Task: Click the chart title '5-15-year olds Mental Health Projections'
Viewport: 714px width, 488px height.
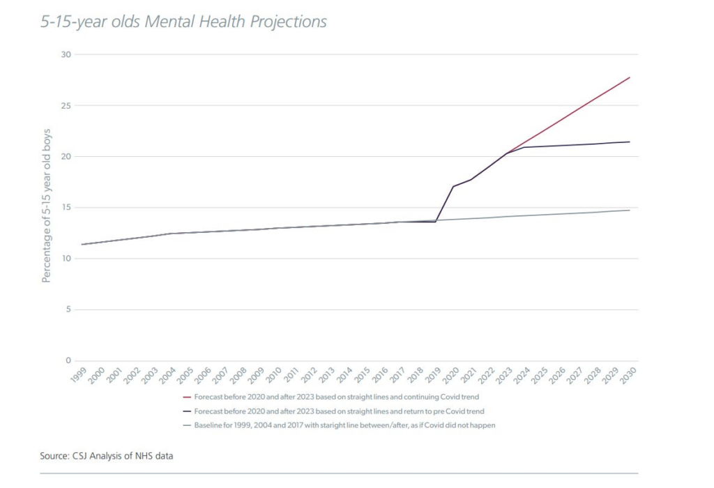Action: coord(183,22)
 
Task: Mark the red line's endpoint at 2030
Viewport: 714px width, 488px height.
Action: coord(630,77)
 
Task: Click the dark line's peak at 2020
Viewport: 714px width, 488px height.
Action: coord(453,186)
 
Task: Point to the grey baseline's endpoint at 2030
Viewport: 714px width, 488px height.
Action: coord(630,210)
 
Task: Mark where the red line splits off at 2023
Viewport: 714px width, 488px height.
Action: coord(506,153)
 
